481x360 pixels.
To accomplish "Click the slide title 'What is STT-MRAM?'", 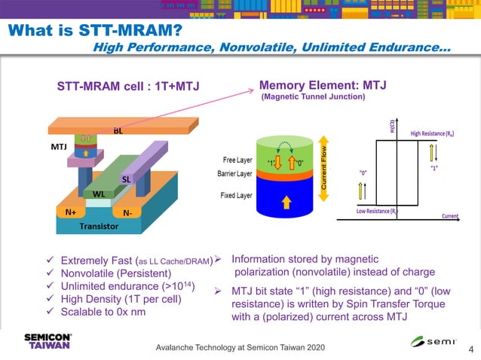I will click(x=95, y=31).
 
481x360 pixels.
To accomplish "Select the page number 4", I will click(x=470, y=349).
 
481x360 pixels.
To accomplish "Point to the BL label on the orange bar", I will click(x=118, y=131).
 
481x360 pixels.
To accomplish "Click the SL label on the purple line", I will click(x=127, y=180).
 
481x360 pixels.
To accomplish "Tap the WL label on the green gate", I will click(x=98, y=194).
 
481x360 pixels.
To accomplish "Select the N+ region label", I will click(x=70, y=212).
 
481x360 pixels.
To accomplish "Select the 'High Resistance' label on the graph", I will click(x=437, y=133).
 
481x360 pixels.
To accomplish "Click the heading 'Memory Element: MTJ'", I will click(x=322, y=85).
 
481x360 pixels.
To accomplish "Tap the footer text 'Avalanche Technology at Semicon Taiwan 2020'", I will click(x=240, y=348).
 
